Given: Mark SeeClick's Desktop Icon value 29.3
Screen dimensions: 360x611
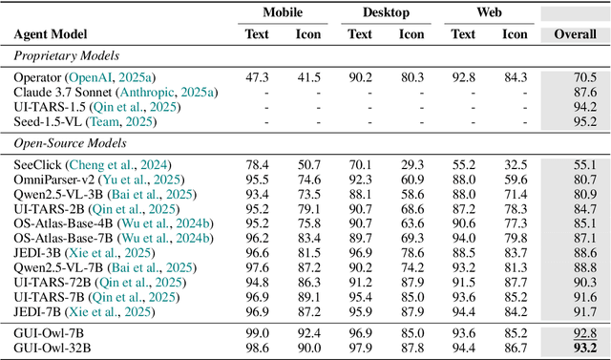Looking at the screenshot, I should [411, 164].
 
